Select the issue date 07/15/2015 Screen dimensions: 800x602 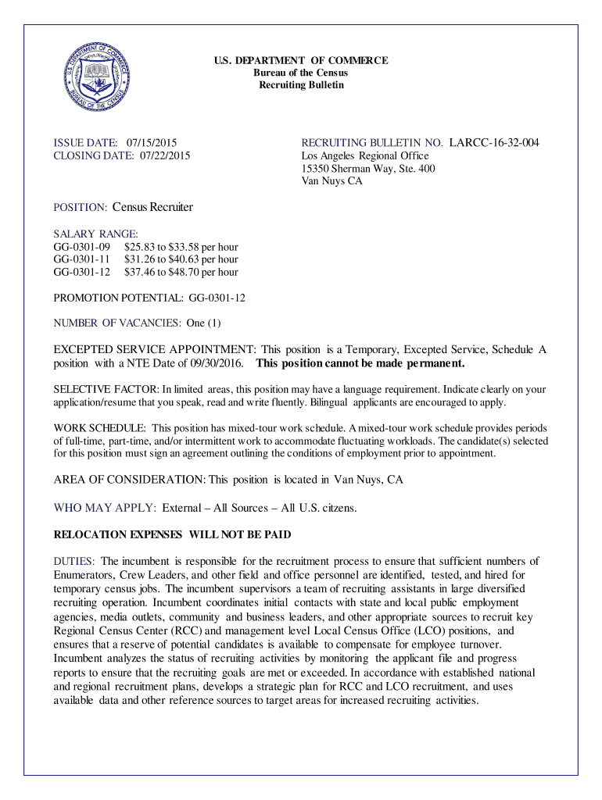click(152, 143)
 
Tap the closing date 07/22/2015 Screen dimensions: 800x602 click(165, 155)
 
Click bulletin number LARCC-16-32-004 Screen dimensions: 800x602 click(493, 143)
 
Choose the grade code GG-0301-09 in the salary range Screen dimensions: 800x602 click(81, 247)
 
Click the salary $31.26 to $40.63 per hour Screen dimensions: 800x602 click(181, 259)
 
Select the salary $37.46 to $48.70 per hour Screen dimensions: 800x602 click(181, 272)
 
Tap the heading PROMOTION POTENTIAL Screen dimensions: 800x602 click(118, 298)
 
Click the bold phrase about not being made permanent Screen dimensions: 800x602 click(360, 363)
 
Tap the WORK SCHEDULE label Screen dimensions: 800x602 click(99, 428)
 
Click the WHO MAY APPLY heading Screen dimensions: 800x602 click(105, 508)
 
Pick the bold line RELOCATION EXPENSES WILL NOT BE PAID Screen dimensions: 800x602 click(171, 535)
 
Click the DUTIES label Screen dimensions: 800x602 click(74, 561)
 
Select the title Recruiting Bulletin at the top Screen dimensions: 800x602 click(301, 84)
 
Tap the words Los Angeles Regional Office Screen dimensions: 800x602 click(365, 156)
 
